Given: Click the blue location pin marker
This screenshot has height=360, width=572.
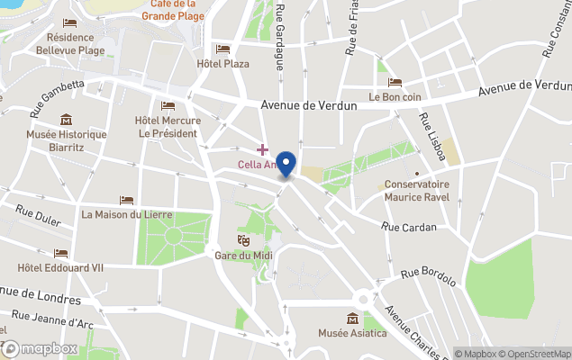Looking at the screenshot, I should (286, 164).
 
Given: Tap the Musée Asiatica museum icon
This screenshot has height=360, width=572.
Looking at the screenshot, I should (352, 319).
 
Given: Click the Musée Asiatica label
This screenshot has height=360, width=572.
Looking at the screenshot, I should (352, 334).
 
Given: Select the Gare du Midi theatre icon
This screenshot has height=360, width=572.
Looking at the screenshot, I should (242, 240).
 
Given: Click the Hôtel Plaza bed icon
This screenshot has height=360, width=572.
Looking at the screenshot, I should (223, 49).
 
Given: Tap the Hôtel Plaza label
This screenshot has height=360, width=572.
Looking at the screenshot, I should (223, 64).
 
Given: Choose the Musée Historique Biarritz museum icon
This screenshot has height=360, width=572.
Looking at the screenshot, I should (66, 120).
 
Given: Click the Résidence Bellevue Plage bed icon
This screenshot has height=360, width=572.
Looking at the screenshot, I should (69, 22).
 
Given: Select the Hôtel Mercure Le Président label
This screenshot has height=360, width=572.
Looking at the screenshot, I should (167, 127).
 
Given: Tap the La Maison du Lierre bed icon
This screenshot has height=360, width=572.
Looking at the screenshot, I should (126, 200).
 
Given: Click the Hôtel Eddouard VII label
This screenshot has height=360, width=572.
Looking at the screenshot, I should (60, 267).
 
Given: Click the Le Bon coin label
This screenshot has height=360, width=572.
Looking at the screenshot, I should (395, 96).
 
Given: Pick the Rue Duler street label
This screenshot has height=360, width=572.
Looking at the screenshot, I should (38, 216).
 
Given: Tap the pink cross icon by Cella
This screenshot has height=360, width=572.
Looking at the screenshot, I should (262, 148).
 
